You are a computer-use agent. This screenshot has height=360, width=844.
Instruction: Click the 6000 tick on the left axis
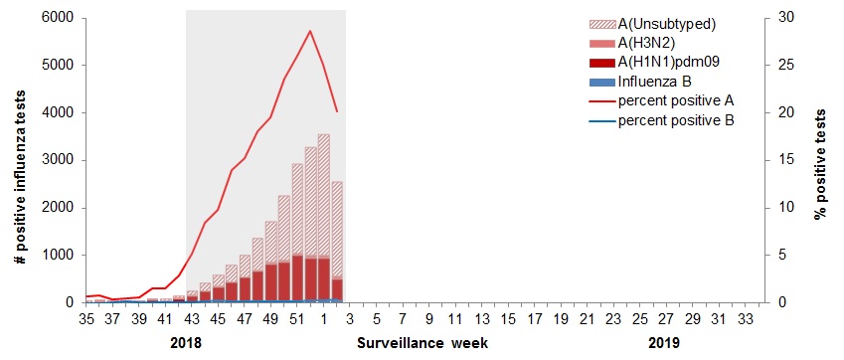(57, 18)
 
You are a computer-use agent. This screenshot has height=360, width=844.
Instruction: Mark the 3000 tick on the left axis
(57, 160)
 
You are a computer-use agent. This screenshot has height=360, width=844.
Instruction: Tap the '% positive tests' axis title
(821, 160)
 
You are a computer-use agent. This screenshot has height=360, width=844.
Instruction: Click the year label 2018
(186, 343)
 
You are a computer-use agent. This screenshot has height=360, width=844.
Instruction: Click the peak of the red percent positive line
(310, 31)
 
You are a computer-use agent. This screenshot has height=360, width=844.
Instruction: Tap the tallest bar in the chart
(323, 218)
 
